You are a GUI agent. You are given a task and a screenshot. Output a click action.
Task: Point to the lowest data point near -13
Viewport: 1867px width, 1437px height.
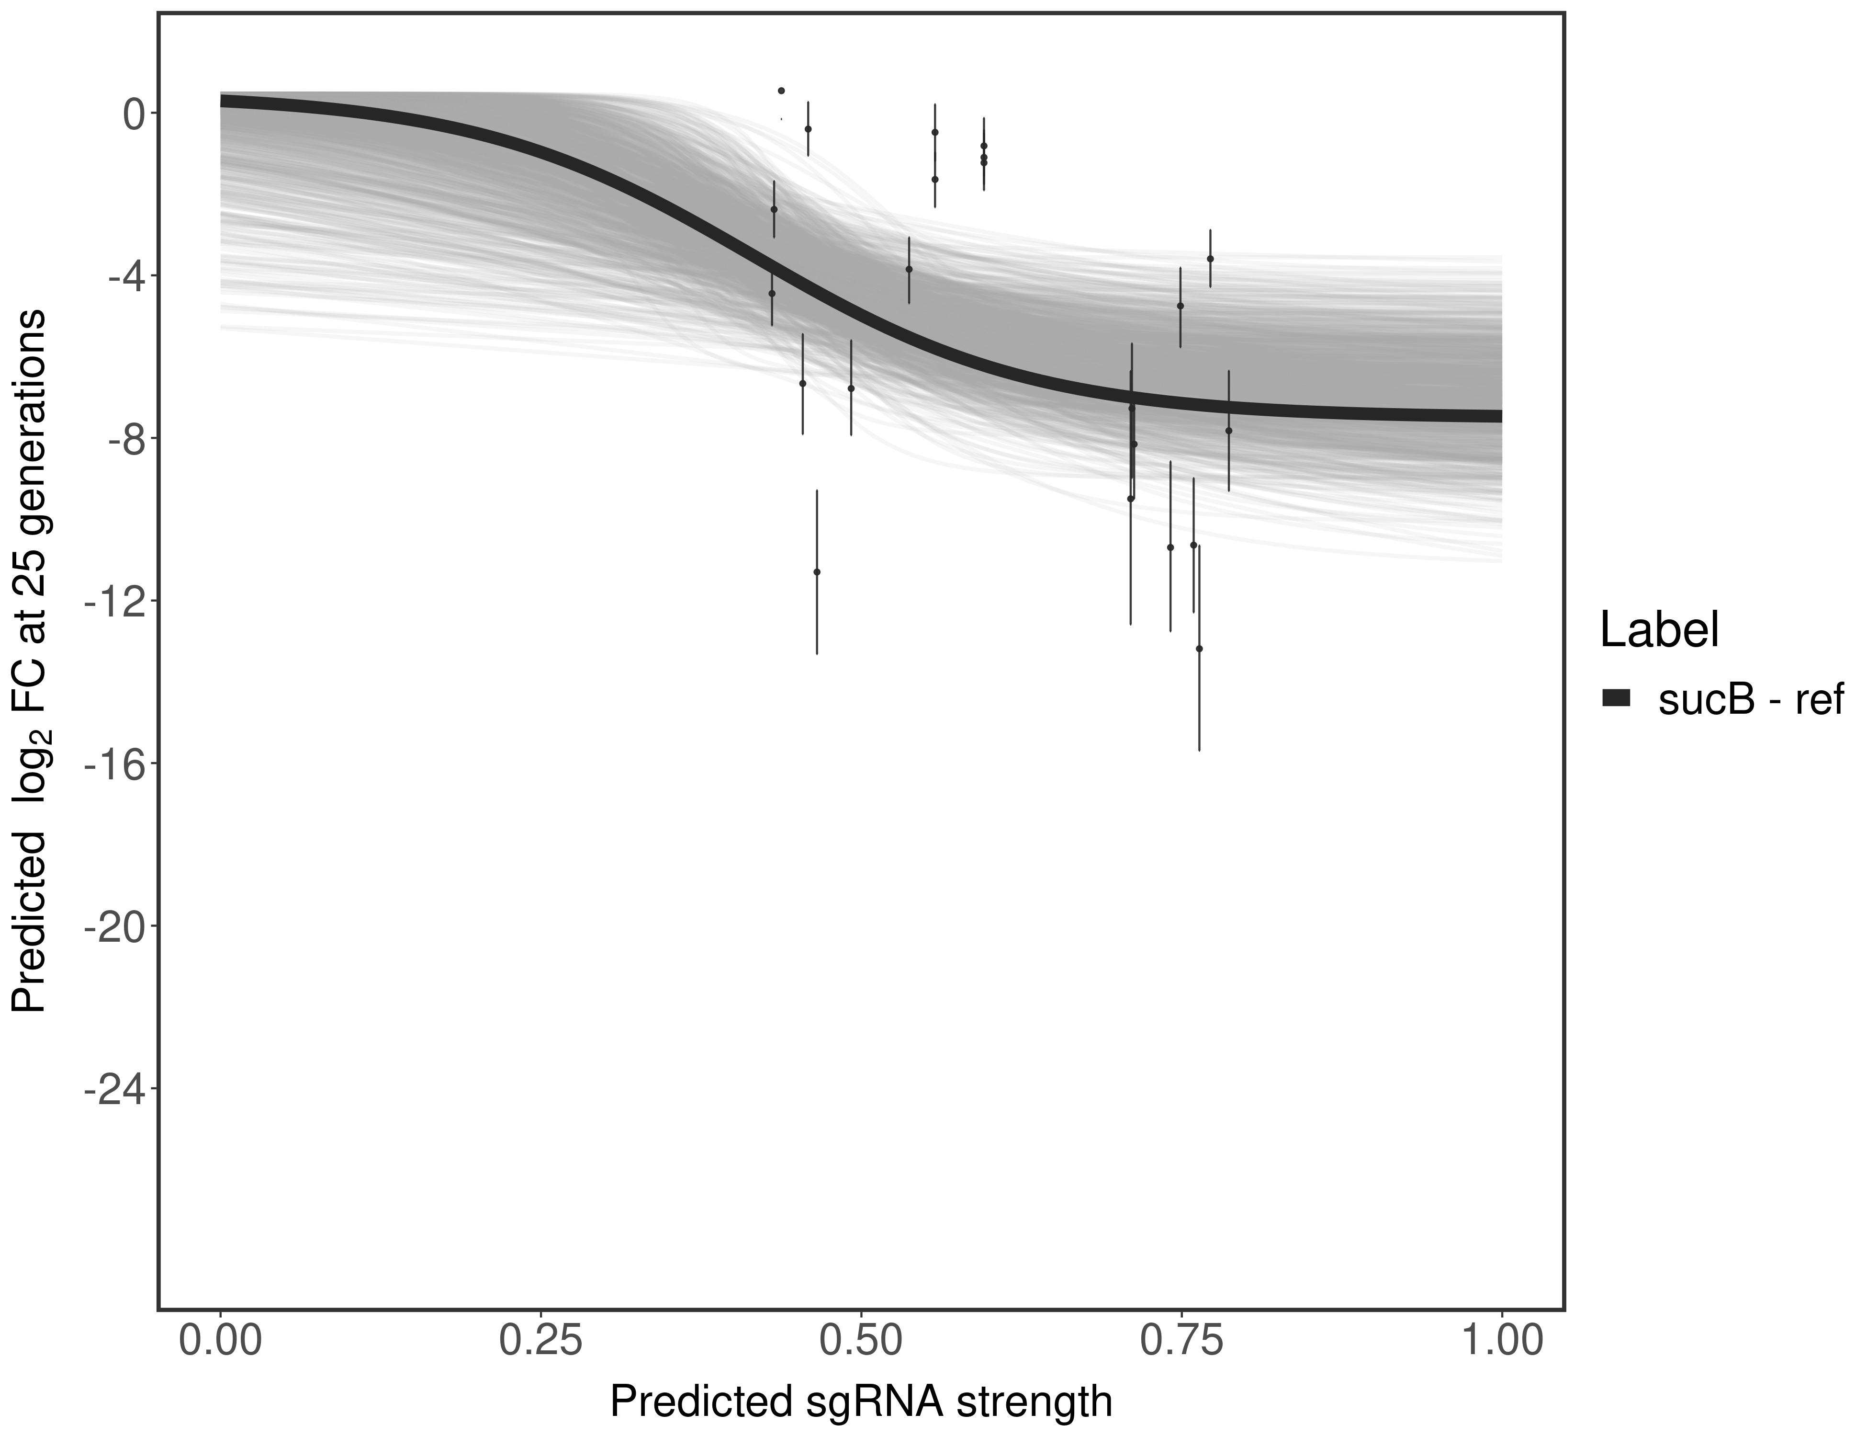click(x=1199, y=649)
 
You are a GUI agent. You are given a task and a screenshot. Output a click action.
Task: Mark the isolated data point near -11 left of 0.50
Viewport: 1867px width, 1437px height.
click(x=816, y=571)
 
